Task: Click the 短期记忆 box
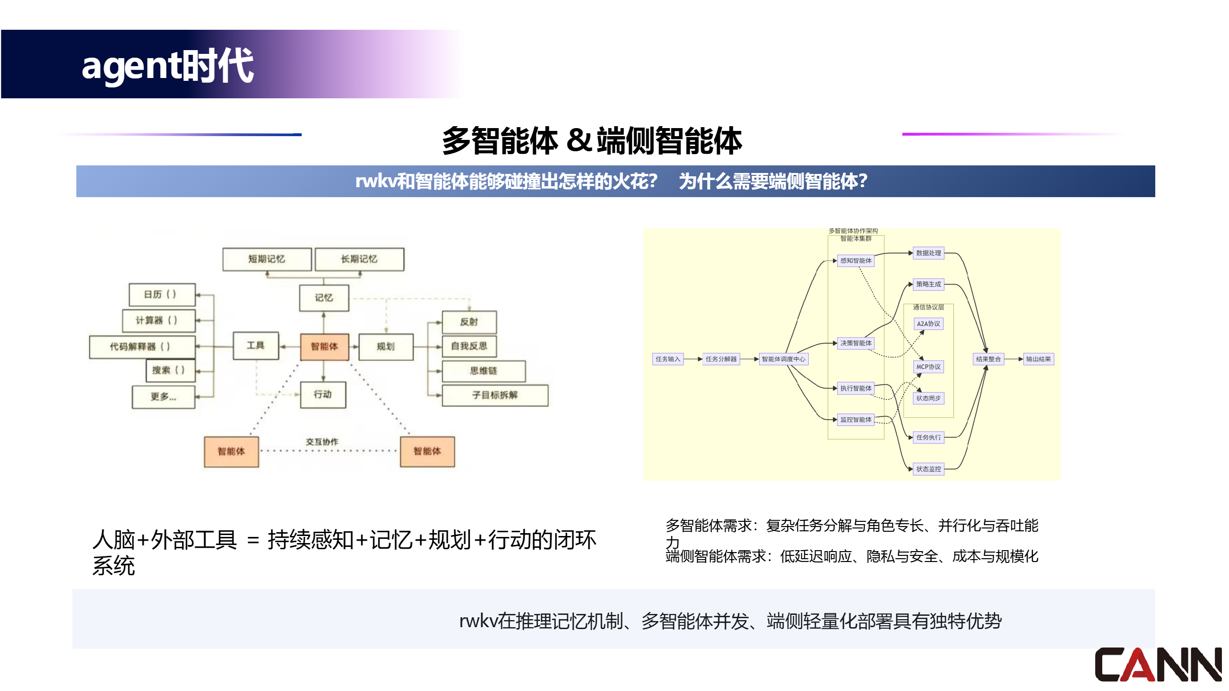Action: point(267,259)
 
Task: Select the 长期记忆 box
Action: point(359,259)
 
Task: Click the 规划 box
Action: point(386,346)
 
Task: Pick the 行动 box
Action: point(323,394)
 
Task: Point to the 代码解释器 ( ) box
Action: point(142,346)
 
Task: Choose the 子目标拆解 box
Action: point(495,395)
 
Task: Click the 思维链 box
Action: point(483,371)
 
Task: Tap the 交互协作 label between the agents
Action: point(322,441)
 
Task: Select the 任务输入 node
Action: point(667,359)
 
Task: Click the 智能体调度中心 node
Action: point(783,359)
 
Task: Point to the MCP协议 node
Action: point(928,367)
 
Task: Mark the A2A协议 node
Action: point(928,324)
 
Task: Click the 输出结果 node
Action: point(1038,359)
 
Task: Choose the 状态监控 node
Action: point(928,469)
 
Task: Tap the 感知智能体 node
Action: point(856,260)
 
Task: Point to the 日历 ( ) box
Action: point(162,294)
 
